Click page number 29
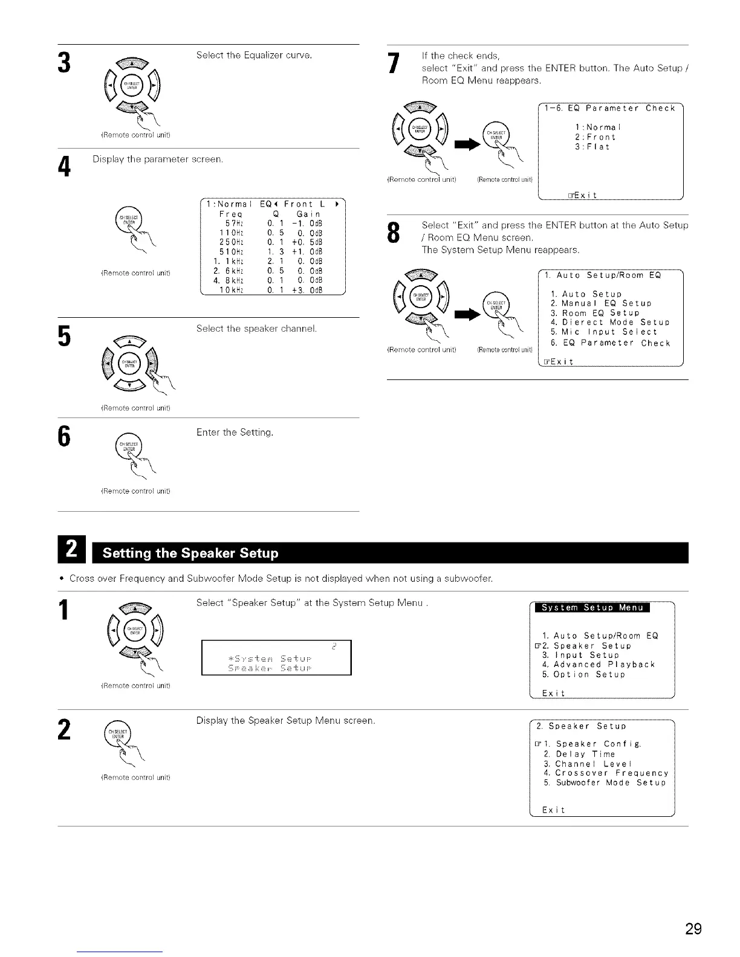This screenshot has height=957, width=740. pyautogui.click(x=693, y=929)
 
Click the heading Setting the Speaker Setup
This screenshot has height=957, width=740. pyautogui.click(x=190, y=553)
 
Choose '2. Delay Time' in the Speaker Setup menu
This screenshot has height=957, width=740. pyautogui.click(x=579, y=754)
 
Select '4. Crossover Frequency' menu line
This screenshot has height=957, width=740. pyautogui.click(x=605, y=773)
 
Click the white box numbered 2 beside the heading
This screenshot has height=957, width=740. pyautogui.click(x=71, y=553)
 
